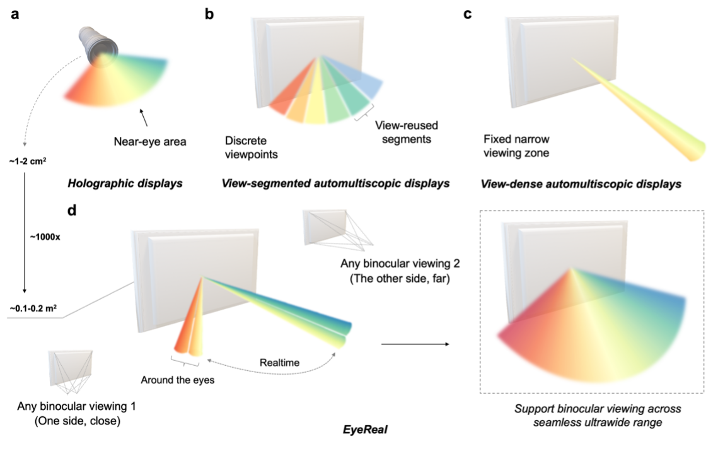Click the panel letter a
point(14,14)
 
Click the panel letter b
point(210,14)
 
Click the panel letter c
point(467,14)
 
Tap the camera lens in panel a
point(98,47)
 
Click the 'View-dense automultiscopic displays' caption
point(581,184)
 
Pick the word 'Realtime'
point(279,363)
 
